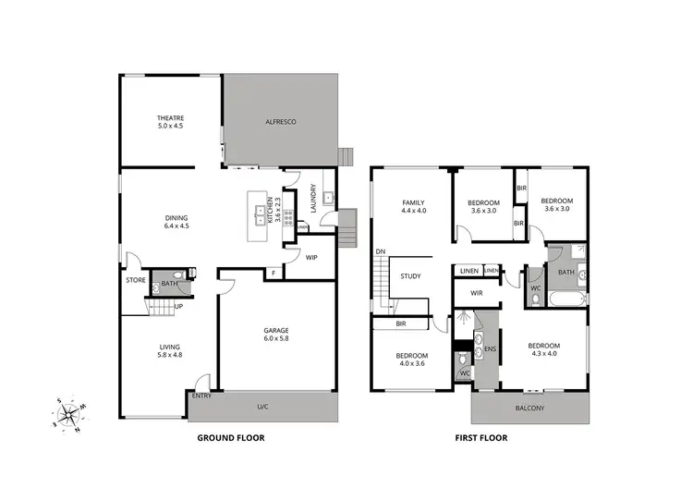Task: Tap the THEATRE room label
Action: pos(171,123)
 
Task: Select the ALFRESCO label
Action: pos(280,123)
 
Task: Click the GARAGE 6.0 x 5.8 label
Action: pos(277,334)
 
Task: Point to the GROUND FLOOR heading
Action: pos(231,438)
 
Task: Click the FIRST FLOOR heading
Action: pos(481,438)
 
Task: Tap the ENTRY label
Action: pos(201,396)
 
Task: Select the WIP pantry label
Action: pos(311,259)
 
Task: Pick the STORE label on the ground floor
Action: pos(135,279)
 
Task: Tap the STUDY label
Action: pos(410,275)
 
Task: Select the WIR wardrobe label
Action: pos(477,293)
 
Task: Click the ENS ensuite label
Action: pos(491,349)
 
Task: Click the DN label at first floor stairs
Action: pos(380,252)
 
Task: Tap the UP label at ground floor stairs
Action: pos(178,306)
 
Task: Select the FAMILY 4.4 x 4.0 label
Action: pos(412,207)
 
